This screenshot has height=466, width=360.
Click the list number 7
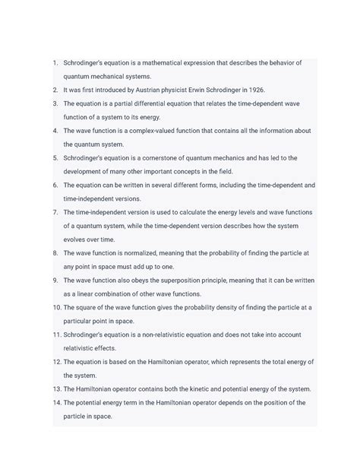coord(55,212)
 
